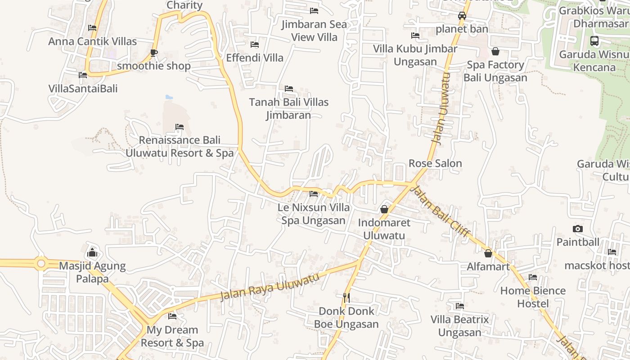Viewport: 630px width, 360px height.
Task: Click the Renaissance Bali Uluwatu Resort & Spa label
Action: pyautogui.click(x=180, y=147)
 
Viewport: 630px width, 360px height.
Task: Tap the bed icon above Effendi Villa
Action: pyautogui.click(x=254, y=45)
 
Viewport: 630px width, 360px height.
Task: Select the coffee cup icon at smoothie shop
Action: pyautogui.click(x=153, y=53)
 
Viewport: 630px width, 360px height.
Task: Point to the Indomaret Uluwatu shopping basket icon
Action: pyautogui.click(x=384, y=209)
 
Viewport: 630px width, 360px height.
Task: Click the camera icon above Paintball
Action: pyautogui.click(x=578, y=229)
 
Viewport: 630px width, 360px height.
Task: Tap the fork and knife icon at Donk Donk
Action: pyautogui.click(x=346, y=297)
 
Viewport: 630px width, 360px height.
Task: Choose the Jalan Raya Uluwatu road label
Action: pyautogui.click(x=270, y=286)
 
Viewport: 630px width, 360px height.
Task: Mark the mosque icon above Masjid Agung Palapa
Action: pyautogui.click(x=92, y=252)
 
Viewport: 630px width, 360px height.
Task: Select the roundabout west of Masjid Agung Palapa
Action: pyautogui.click(x=41, y=263)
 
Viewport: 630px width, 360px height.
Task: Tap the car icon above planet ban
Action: pyautogui.click(x=462, y=16)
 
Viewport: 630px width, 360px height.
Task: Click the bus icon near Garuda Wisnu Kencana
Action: pyautogui.click(x=594, y=41)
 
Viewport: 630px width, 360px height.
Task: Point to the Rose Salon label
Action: pyautogui.click(x=435, y=163)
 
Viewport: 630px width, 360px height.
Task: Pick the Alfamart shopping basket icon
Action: pyautogui.click(x=488, y=253)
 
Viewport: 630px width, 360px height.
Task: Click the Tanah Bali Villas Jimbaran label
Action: pyautogui.click(x=289, y=108)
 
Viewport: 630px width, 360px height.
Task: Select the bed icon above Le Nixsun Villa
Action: pyautogui.click(x=314, y=194)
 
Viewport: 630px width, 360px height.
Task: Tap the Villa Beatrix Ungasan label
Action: pyautogui.click(x=459, y=326)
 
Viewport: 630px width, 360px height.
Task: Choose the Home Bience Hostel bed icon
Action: pyautogui.click(x=533, y=277)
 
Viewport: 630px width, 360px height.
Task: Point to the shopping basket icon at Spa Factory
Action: pyautogui.click(x=495, y=51)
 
